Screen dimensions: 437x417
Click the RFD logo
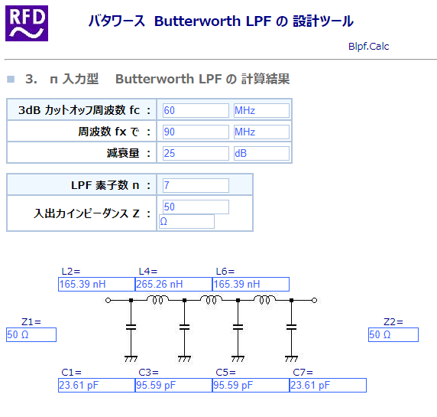27,24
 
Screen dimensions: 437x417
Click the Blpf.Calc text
368,47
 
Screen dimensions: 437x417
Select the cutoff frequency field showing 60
196,110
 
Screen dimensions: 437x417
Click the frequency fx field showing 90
196,132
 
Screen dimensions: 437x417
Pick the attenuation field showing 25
196,153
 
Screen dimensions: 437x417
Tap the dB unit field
261,153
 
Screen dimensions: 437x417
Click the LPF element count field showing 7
196,185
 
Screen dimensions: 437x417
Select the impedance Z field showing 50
196,207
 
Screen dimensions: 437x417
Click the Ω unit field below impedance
186,222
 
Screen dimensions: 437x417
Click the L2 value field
97,284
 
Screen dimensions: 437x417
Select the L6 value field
251,284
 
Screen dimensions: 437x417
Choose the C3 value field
173,385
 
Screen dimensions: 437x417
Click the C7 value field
328,385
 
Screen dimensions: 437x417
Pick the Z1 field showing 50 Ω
31,334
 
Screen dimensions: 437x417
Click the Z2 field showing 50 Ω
393,334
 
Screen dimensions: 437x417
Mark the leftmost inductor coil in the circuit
157,299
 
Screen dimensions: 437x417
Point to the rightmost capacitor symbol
291,327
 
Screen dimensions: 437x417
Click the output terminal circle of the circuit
314,301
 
